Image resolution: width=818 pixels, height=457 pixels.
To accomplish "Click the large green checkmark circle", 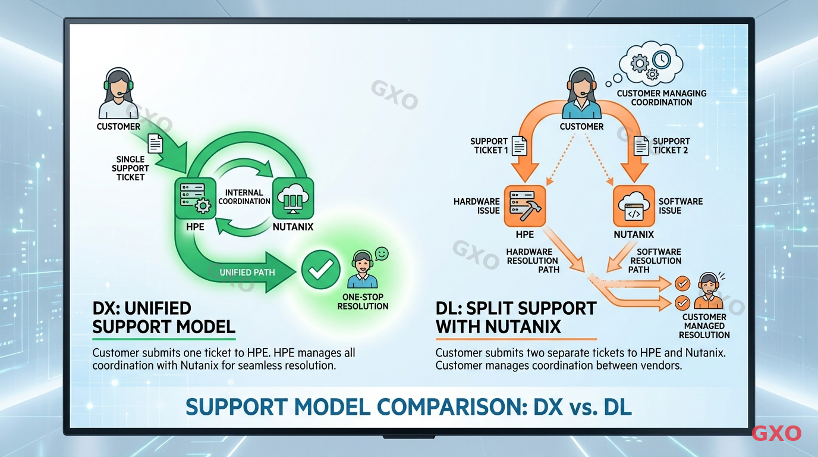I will click(321, 271).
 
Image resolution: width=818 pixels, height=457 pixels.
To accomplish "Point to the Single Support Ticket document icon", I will click(155, 143).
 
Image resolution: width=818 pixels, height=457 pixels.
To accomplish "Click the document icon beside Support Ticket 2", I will click(641, 145).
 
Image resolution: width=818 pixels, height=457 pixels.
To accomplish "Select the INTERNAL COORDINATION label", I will click(244, 197).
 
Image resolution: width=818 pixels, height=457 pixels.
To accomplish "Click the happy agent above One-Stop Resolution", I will click(361, 270).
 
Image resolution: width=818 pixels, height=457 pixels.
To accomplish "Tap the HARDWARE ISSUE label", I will click(476, 206).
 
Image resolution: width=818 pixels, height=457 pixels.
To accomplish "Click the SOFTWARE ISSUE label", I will click(680, 206).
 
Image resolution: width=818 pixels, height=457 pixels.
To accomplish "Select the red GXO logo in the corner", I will click(776, 433).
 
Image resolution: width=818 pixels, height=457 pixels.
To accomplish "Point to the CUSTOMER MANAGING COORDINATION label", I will click(661, 98).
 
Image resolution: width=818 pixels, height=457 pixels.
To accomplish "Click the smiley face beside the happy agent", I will click(382, 253).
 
